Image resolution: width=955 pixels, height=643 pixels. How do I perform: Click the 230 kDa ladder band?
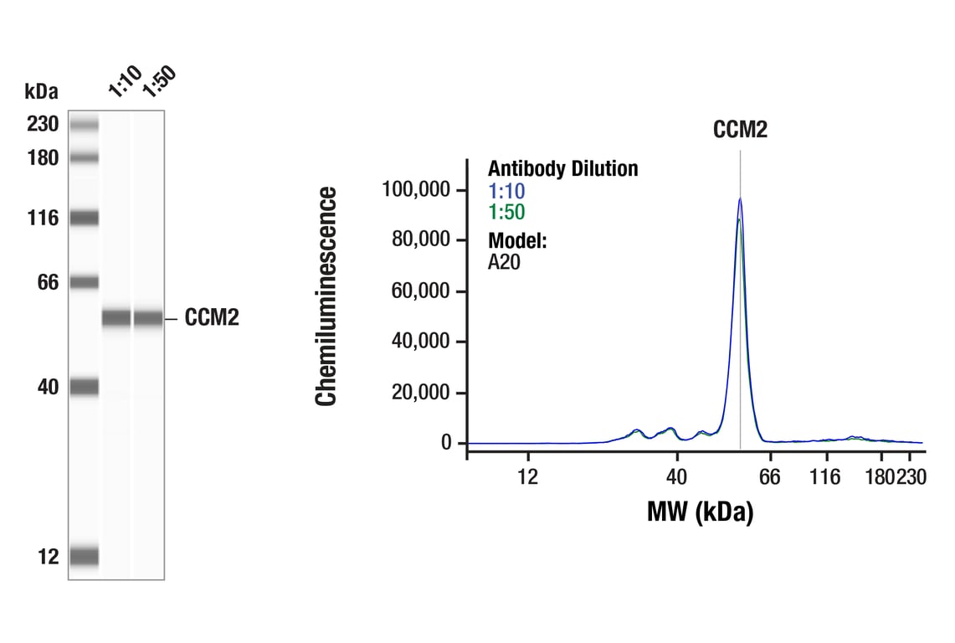(x=84, y=125)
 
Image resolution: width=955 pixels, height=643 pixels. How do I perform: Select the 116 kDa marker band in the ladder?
(x=84, y=219)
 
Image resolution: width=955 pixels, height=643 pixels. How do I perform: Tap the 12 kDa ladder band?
(x=84, y=556)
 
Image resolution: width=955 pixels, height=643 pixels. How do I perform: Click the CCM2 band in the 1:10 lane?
(x=116, y=318)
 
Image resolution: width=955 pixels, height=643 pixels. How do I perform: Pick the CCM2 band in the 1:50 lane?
(x=148, y=318)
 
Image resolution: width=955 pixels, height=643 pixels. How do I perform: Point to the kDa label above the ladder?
(x=41, y=90)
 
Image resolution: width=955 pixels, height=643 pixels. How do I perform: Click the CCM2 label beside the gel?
(x=212, y=318)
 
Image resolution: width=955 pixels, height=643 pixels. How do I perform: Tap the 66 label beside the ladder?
(x=48, y=282)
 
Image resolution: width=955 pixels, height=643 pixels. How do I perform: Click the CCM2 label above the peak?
(x=740, y=130)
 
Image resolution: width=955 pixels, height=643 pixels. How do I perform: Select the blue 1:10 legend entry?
(x=506, y=191)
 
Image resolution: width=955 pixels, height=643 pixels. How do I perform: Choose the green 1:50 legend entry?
(x=506, y=213)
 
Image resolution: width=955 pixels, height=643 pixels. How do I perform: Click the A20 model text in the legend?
(x=505, y=262)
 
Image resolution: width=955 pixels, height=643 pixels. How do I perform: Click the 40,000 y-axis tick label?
(x=423, y=342)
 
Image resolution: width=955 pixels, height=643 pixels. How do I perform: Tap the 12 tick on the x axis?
(x=527, y=477)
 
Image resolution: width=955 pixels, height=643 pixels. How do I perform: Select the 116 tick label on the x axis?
(x=826, y=477)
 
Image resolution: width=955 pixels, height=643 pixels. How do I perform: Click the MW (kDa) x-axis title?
(x=700, y=511)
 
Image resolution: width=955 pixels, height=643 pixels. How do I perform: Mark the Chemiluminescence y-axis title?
(x=326, y=297)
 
